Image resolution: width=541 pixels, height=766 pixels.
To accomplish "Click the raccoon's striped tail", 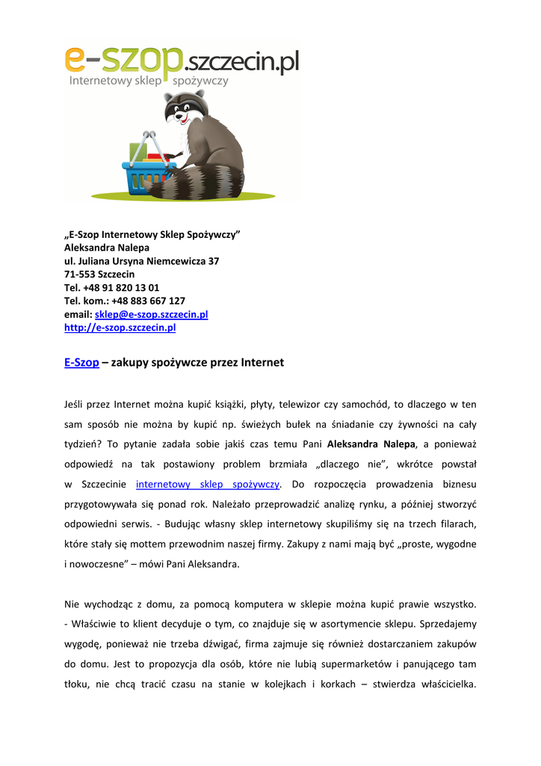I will coord(196,182).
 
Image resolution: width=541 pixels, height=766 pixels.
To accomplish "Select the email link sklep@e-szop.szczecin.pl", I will coord(151,314).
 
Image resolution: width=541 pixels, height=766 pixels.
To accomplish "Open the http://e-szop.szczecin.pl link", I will coord(120,328).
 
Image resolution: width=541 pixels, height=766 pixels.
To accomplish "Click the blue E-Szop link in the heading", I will coord(81,363).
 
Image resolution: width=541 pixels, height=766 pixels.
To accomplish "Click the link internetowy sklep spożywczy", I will coord(208,484).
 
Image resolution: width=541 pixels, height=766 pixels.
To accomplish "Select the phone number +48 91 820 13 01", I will coord(123,287).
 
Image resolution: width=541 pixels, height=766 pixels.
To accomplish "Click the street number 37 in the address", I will coord(213,261).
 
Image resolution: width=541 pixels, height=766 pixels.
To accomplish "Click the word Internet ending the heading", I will coord(262,363).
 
